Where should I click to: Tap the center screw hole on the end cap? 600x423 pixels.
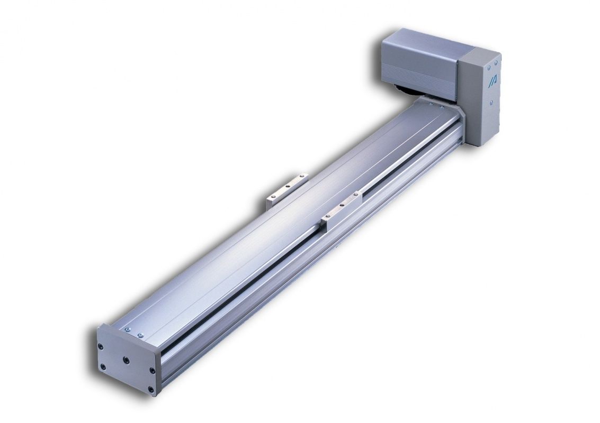click(x=126, y=359)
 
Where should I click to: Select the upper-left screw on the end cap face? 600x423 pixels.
click(x=101, y=346)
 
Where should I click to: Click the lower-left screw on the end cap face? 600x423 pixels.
click(x=103, y=366)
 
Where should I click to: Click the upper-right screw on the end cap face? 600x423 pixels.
click(x=152, y=370)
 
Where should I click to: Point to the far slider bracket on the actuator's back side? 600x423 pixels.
click(x=286, y=188)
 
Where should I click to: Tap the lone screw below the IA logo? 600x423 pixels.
click(x=491, y=102)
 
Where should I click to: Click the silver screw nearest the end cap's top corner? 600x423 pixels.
click(x=127, y=330)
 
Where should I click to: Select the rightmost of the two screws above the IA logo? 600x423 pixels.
click(x=496, y=62)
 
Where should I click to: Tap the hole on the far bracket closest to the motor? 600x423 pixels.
click(x=302, y=176)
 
